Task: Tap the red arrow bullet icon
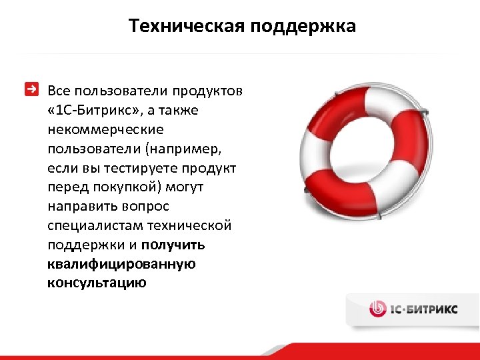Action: pyautogui.click(x=31, y=89)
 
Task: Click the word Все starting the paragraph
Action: pyautogui.click(x=59, y=90)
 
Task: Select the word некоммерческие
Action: pyautogui.click(x=105, y=129)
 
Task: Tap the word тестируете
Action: pyautogui.click(x=135, y=167)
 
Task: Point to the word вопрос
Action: pyautogui.click(x=145, y=206)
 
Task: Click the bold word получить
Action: pyautogui.click(x=173, y=245)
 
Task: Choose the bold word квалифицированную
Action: pyautogui.click(x=121, y=264)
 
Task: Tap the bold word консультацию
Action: pyautogui.click(x=97, y=283)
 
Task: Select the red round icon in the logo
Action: pyautogui.click(x=377, y=309)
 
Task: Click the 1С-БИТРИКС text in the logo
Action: pyautogui.click(x=424, y=309)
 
